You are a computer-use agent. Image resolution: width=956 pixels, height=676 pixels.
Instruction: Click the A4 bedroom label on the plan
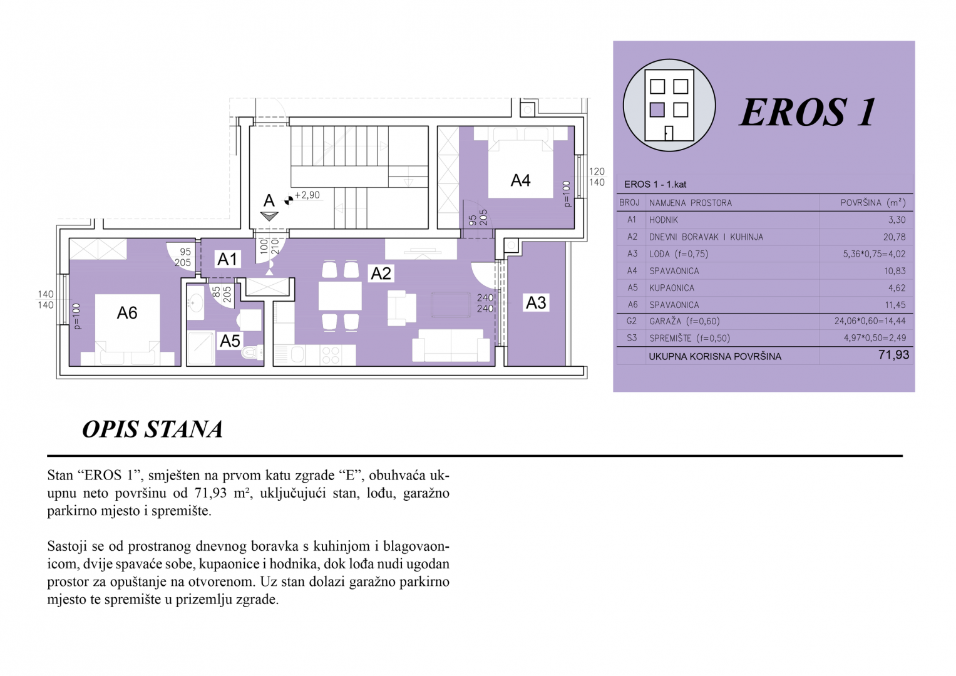click(x=520, y=180)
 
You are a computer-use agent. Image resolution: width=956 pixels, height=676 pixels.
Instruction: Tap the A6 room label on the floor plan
click(x=126, y=313)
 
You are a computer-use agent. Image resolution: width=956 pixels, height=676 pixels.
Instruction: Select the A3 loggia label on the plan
click(x=536, y=303)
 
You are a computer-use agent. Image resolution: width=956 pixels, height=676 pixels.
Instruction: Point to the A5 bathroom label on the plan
click(x=230, y=341)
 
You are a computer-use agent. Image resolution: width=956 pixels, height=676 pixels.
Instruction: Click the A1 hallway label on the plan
click(x=227, y=259)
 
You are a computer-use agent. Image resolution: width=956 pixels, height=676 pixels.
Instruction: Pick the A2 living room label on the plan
click(x=380, y=274)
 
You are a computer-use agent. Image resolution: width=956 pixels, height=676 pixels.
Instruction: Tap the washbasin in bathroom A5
click(x=195, y=302)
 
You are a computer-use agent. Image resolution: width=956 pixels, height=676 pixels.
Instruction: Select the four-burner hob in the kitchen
click(x=330, y=355)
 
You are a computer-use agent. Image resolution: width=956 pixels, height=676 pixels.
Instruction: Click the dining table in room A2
click(x=340, y=295)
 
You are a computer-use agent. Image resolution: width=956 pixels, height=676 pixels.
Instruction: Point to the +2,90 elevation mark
click(x=307, y=195)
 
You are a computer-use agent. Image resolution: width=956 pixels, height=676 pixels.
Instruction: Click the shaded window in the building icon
click(x=657, y=110)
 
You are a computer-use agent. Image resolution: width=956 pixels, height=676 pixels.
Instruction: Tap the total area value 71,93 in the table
click(x=893, y=355)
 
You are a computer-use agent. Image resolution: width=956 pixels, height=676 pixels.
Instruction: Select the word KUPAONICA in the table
click(x=672, y=288)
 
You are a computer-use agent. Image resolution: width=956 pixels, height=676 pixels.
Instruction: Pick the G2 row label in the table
click(x=631, y=321)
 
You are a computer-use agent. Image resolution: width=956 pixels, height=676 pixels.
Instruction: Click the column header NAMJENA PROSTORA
click(x=690, y=203)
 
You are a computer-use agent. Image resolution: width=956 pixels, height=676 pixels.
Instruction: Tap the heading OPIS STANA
click(x=152, y=429)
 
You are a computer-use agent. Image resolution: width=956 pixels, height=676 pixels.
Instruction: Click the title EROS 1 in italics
click(x=807, y=113)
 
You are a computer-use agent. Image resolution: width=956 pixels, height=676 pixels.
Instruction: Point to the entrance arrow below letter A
click(x=269, y=216)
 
